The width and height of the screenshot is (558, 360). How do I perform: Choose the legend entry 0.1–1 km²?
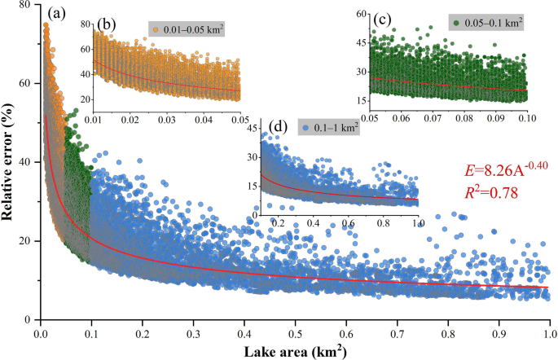333,129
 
